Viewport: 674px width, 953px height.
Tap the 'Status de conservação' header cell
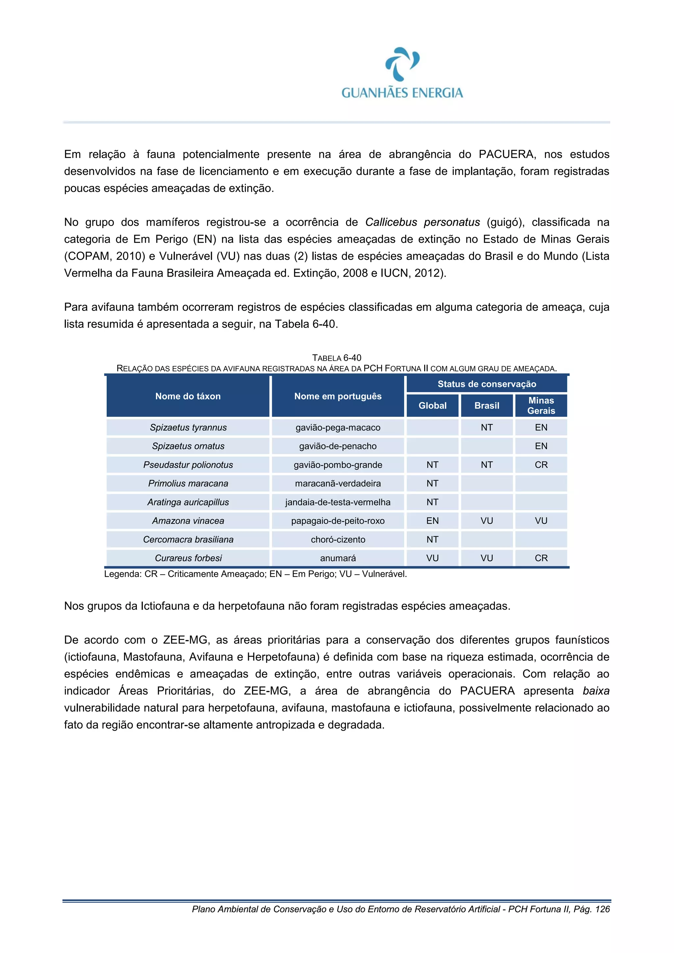pyautogui.click(x=486, y=384)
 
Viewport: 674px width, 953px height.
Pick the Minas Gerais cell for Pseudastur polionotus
pyautogui.click(x=541, y=464)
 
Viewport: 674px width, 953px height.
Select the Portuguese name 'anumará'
pyautogui.click(x=338, y=558)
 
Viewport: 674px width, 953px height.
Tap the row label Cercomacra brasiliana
pyautogui.click(x=188, y=539)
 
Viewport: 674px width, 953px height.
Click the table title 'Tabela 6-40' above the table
pyautogui.click(x=336, y=358)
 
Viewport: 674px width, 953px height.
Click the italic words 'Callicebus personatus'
pyautogui.click(x=422, y=222)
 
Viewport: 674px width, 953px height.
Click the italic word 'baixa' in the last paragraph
pyautogui.click(x=596, y=691)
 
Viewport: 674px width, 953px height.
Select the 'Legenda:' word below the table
pyautogui.click(x=122, y=574)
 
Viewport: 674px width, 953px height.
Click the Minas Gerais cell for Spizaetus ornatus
pyautogui.click(x=541, y=446)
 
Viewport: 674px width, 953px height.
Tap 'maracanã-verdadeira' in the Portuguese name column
pyautogui.click(x=338, y=483)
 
